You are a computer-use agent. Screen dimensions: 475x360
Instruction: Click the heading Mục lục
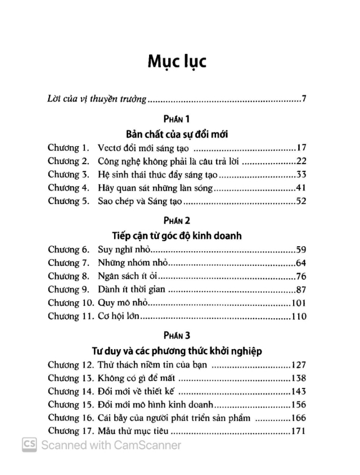click(177, 61)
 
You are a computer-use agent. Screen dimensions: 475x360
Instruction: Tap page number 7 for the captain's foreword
click(303, 99)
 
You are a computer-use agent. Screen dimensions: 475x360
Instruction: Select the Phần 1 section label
click(177, 119)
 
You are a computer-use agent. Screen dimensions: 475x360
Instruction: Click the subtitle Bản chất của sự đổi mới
click(177, 134)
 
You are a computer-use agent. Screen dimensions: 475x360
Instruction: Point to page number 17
click(301, 148)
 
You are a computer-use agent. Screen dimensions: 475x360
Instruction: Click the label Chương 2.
click(69, 161)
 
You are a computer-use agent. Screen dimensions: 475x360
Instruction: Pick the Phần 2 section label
click(177, 220)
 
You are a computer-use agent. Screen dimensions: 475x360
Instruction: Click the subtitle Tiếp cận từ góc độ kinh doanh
click(177, 236)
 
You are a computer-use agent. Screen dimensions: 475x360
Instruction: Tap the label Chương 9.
click(69, 289)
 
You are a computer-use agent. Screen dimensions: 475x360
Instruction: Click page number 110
click(299, 316)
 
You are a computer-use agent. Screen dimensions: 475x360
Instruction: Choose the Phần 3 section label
click(177, 336)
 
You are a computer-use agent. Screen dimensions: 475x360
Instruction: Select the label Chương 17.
click(71, 432)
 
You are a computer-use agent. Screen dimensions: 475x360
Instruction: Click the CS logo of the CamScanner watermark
click(29, 445)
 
